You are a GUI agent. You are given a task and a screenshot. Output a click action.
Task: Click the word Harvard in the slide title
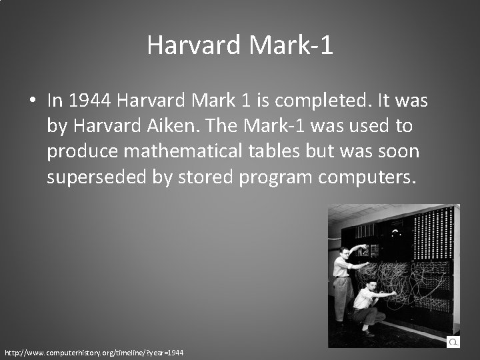[x=194, y=45]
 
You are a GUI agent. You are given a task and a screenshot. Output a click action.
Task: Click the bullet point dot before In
[x=32, y=101]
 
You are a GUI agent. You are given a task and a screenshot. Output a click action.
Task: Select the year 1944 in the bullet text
[x=90, y=101]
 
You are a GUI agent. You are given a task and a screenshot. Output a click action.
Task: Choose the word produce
[x=83, y=152]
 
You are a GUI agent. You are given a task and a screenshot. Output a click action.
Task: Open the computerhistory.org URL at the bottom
[x=94, y=351]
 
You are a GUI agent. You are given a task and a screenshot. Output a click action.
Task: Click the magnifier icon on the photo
[x=453, y=341]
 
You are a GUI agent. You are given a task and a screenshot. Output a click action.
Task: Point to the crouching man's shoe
[x=369, y=333]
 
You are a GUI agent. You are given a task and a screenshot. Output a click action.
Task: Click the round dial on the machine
[x=397, y=233]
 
